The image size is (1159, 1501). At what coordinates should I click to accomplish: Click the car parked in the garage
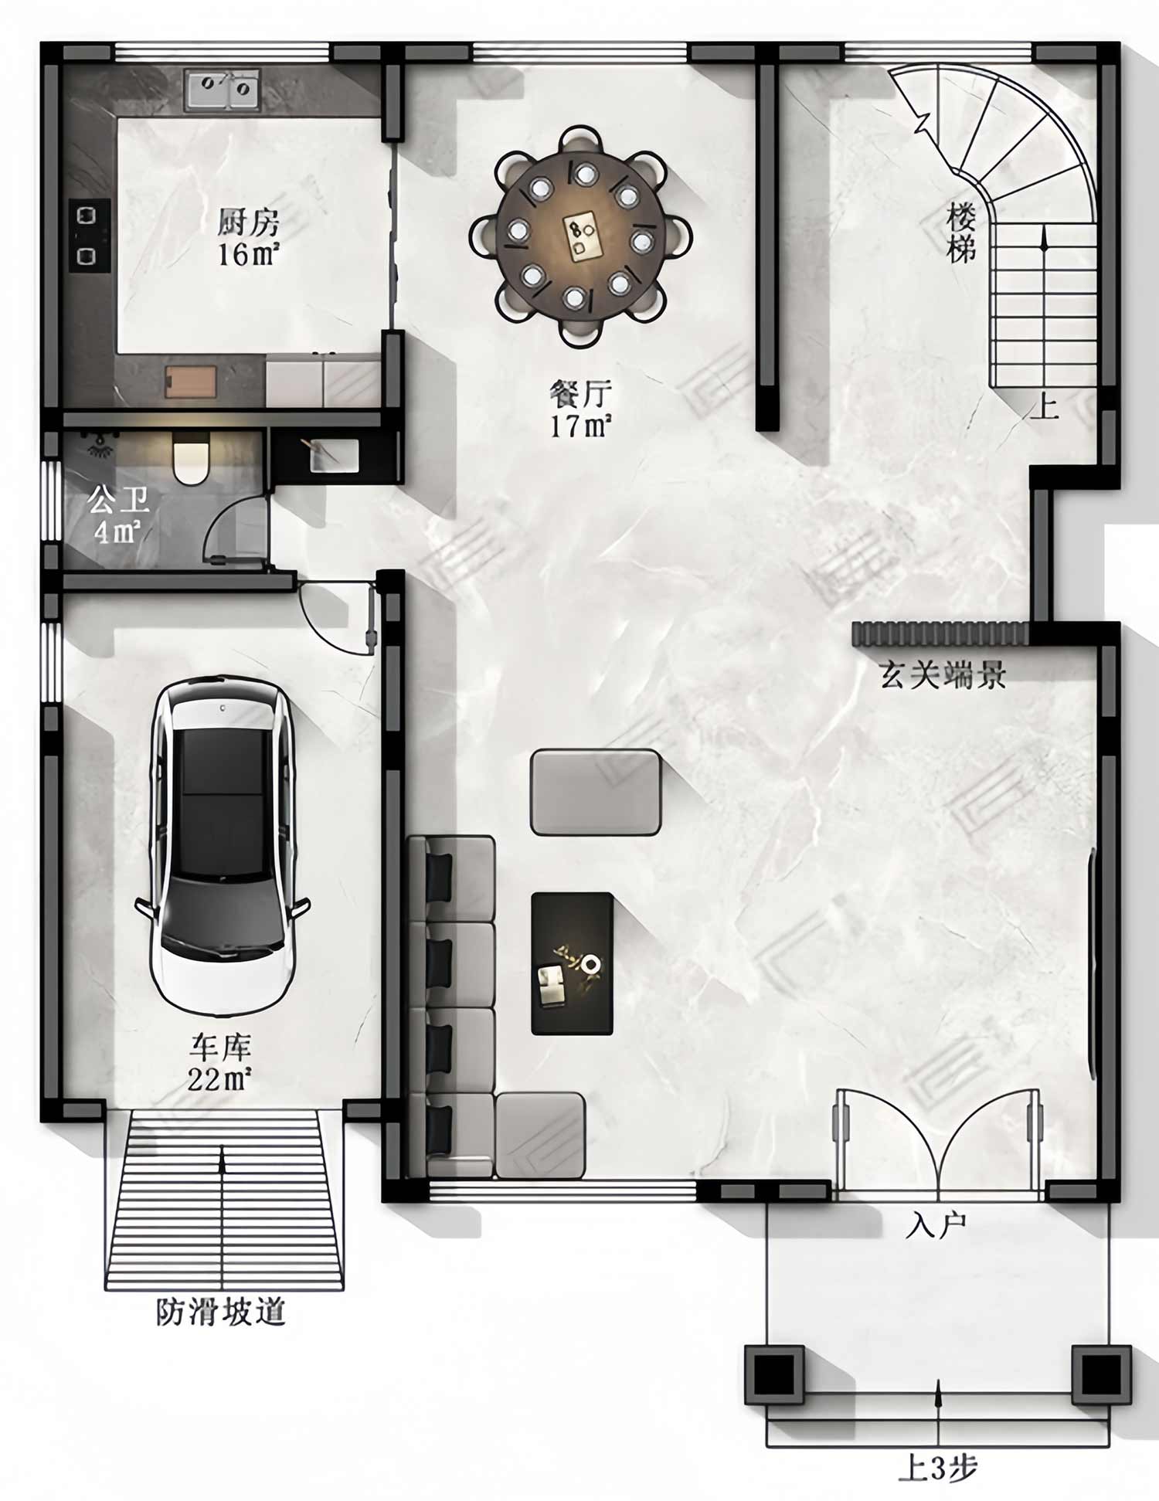coord(223,846)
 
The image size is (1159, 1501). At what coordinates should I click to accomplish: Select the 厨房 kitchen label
coord(247,223)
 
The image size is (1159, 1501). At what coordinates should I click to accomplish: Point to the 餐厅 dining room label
coord(580,394)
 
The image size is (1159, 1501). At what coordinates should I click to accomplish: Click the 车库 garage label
coord(220,1048)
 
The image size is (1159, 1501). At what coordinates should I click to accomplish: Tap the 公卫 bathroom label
coord(117,501)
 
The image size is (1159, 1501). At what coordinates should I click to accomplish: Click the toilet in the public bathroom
coord(190,458)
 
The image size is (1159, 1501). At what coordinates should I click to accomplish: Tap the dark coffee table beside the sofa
coord(572,964)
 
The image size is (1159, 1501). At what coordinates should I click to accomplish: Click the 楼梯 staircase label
coord(961,233)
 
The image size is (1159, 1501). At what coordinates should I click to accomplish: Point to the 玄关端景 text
coord(943,675)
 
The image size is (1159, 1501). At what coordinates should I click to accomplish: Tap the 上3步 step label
coord(937,1468)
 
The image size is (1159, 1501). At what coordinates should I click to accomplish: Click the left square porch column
coord(774,1374)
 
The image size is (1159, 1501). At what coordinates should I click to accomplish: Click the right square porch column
coord(1101,1374)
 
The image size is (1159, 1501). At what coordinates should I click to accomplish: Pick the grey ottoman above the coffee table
coord(596,792)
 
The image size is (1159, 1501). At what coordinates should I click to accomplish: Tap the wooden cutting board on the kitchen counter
coord(192,382)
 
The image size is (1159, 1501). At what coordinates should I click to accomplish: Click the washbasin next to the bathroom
coord(334,455)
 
